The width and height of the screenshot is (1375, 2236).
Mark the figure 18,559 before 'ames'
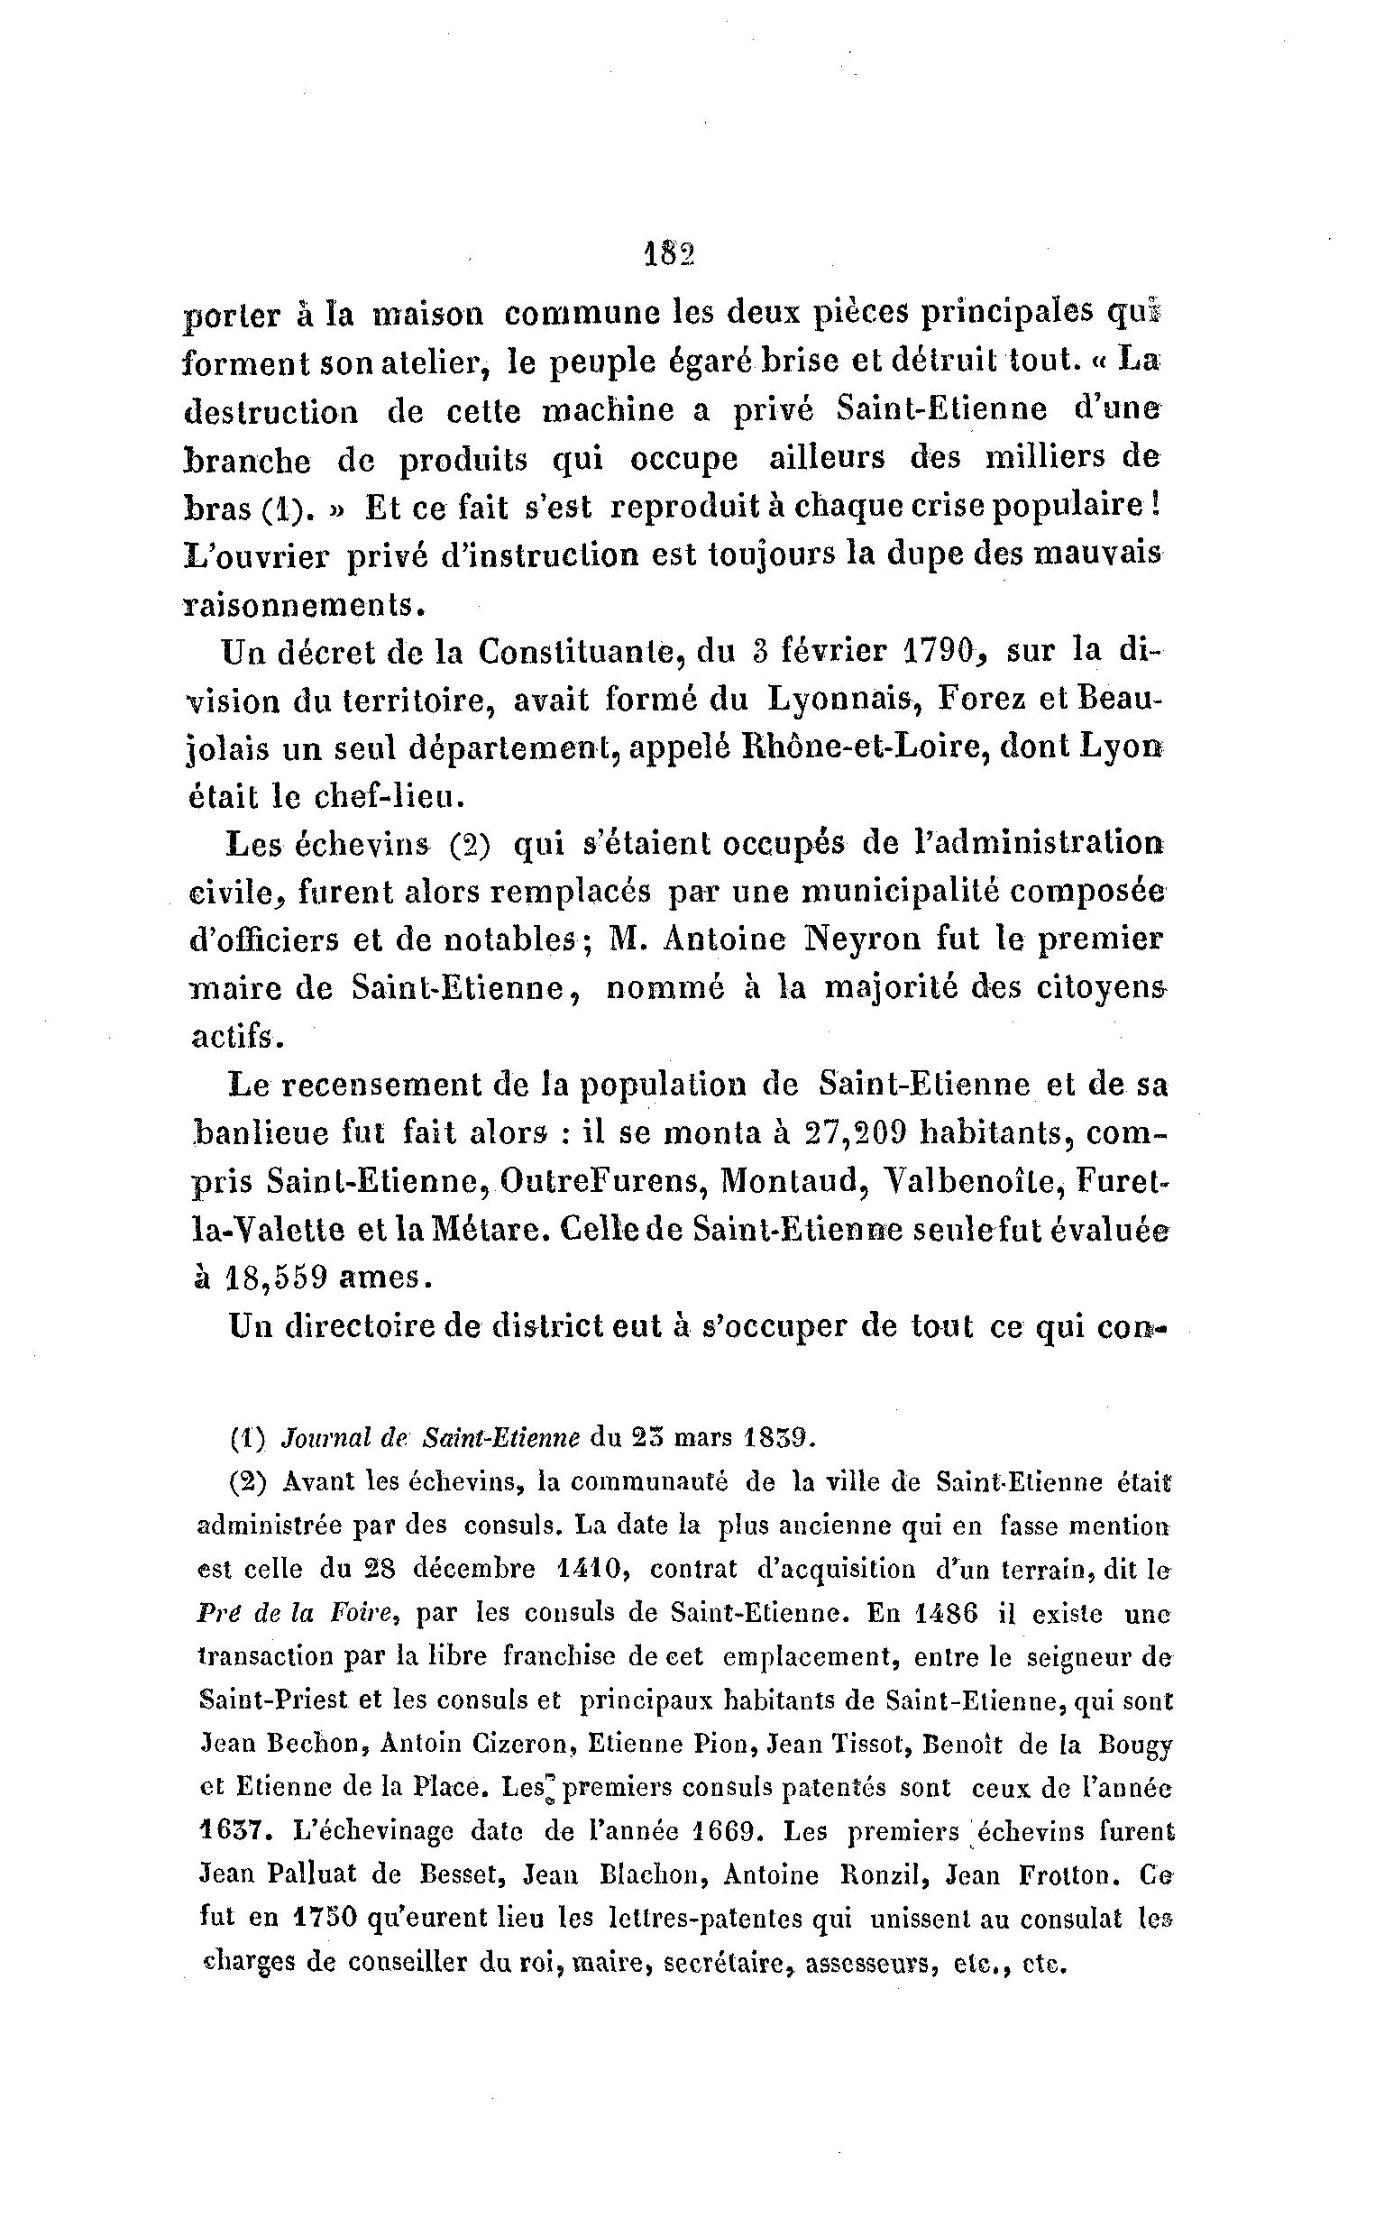tap(275, 1277)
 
